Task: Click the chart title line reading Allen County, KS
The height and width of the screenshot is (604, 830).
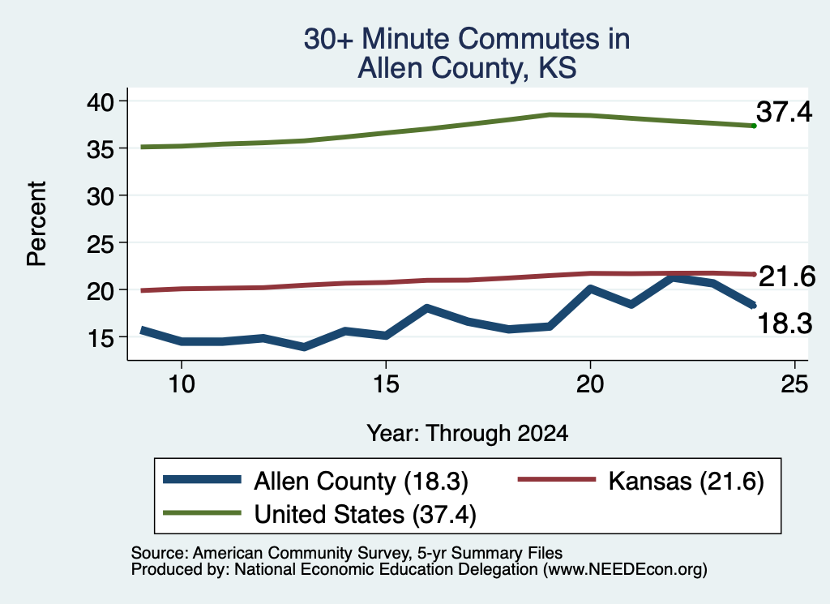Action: pos(467,68)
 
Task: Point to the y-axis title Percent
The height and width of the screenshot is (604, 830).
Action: pos(36,224)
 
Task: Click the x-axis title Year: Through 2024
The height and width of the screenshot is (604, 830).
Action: pos(468,433)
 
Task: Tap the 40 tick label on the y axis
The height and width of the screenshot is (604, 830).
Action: pos(100,101)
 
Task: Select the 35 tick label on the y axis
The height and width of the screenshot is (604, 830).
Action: pos(100,148)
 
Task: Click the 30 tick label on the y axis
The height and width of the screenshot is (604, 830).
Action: pos(100,196)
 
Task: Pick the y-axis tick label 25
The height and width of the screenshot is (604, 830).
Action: pos(100,243)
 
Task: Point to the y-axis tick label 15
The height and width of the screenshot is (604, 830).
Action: pos(100,338)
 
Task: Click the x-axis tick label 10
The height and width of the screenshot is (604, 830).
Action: pos(182,383)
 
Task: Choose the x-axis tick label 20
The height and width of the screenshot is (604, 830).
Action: pos(590,383)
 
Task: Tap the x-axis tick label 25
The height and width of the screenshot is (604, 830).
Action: pos(794,383)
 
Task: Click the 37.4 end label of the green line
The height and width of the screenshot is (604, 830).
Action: pos(784,112)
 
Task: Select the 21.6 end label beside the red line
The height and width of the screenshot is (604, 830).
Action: pos(787,276)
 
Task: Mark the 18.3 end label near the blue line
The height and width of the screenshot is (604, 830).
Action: pos(785,323)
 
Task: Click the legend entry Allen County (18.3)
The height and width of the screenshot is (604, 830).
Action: pos(315,481)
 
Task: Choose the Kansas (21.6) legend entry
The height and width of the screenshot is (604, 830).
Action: pos(641,481)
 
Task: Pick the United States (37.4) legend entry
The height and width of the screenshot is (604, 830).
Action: pos(319,514)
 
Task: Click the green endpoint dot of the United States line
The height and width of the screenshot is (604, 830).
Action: pos(754,126)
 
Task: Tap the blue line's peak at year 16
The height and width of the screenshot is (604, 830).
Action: pos(426,307)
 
